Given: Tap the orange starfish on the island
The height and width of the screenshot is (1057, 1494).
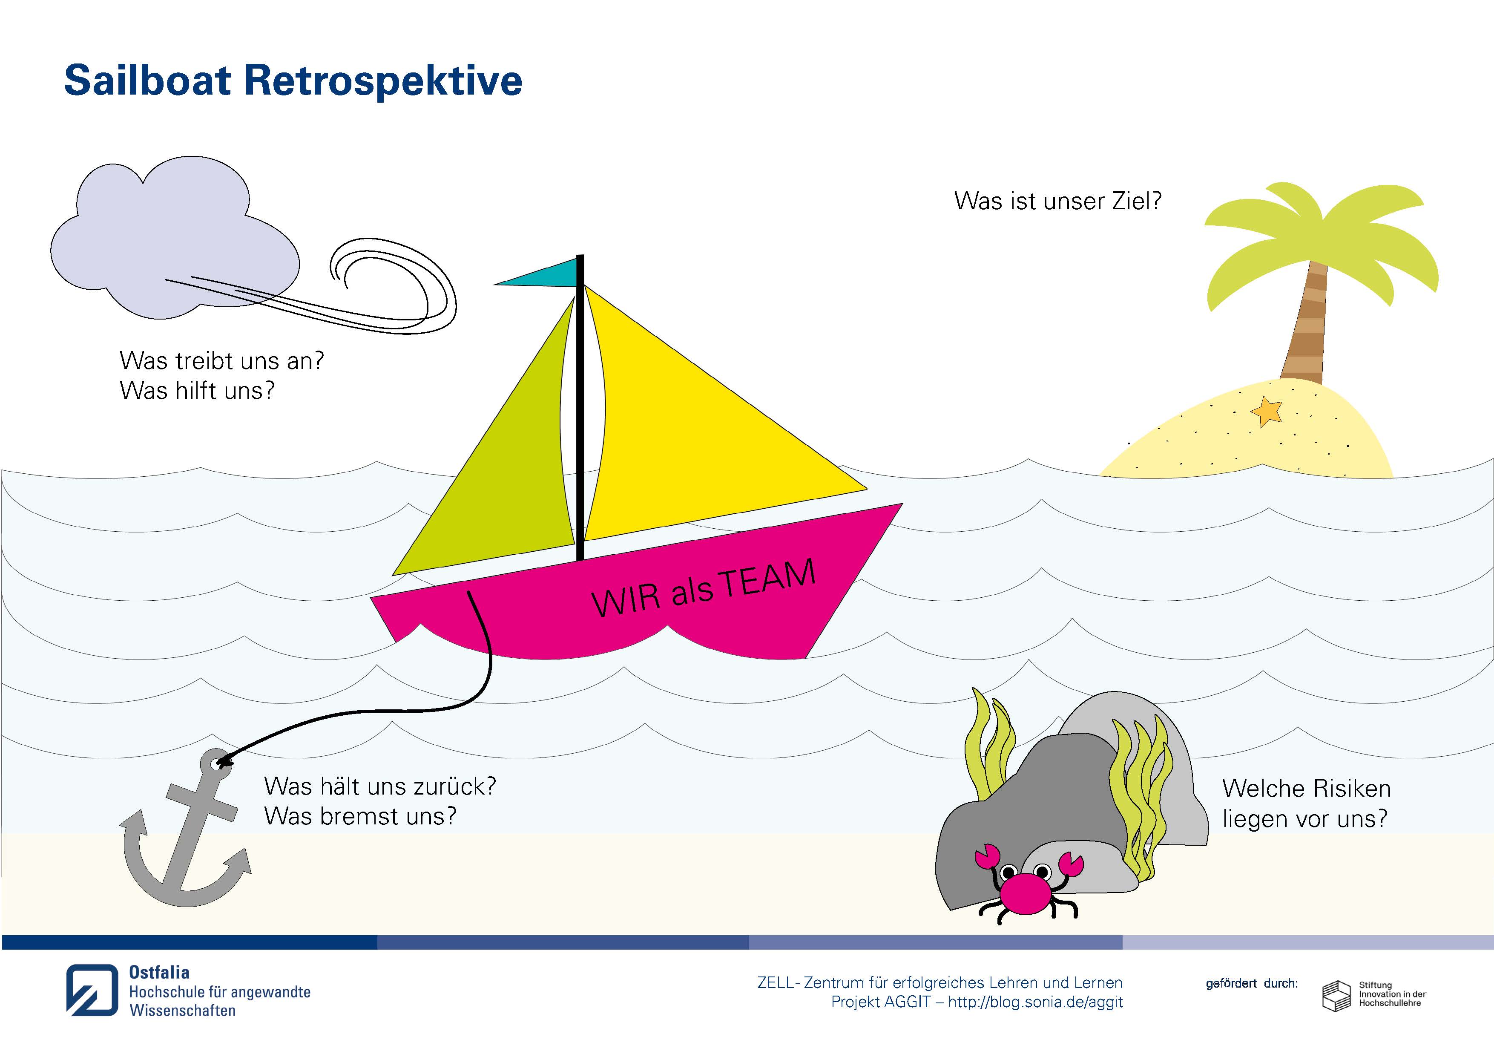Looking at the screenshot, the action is pyautogui.click(x=1266, y=412).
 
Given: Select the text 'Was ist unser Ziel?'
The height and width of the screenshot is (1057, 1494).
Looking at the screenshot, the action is pyautogui.click(x=1058, y=201).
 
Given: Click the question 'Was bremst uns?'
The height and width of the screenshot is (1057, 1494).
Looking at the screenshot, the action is pyautogui.click(x=360, y=815).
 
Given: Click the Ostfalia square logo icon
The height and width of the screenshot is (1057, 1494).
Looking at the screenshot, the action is pyautogui.click(x=92, y=990).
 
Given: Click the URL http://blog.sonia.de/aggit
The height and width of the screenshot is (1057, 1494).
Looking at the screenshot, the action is pyautogui.click(x=1035, y=1002).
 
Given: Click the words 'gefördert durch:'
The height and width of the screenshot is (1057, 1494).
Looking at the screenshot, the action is pyautogui.click(x=1252, y=983).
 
